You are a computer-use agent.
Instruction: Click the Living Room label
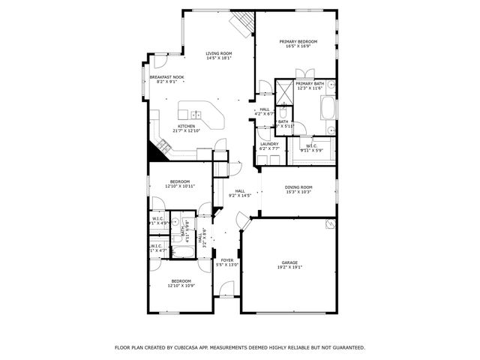[219, 53]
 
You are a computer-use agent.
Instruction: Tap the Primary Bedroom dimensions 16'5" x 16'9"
[298, 46]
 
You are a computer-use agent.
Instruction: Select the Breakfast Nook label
[166, 77]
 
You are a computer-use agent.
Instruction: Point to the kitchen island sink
[196, 115]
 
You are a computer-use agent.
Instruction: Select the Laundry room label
[268, 144]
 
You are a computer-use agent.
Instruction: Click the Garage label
[289, 262]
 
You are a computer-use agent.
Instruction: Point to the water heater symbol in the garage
[328, 223]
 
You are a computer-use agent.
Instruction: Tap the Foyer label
[227, 260]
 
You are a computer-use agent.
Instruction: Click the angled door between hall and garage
[242, 222]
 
